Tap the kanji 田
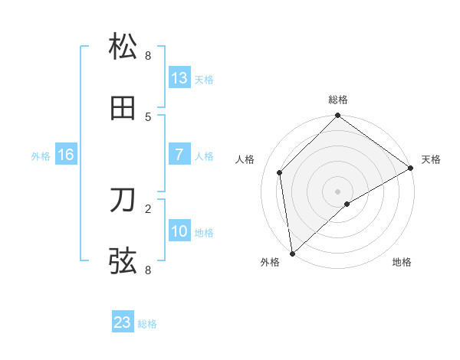coord(123,109)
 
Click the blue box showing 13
coord(179,78)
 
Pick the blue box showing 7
coord(179,155)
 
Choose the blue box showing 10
coord(179,231)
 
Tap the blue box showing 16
coord(66,155)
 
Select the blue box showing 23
coord(123,322)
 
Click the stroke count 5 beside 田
coord(148,116)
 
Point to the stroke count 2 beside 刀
coord(148,208)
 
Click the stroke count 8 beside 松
coord(148,55)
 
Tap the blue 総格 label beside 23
coord(148,324)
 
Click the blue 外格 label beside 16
coord(41,156)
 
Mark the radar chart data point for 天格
coord(410,168)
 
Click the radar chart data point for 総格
coord(337,116)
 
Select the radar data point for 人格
coord(280,172)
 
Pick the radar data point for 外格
coord(292,253)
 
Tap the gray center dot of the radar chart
coord(337,191)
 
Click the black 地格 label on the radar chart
coord(402,263)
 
